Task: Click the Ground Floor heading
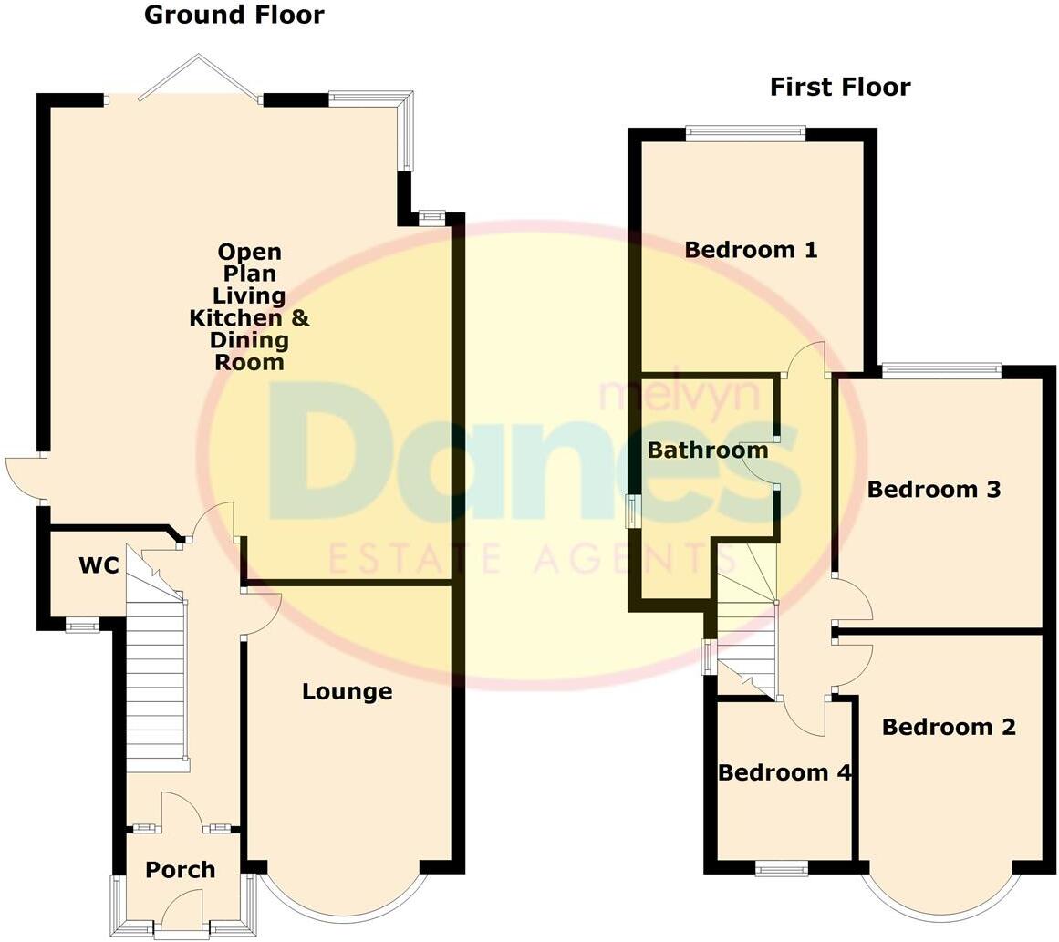coord(234,16)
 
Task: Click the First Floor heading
coord(839,88)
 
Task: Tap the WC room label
coord(99,566)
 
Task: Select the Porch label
coord(181,870)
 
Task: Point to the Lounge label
coord(347,692)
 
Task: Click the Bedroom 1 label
coord(751,250)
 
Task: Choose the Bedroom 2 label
coord(949,728)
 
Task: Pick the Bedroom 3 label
coord(933,490)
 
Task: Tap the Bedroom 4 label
coord(784,773)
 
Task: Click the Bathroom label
coord(707,450)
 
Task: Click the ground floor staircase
coord(157,675)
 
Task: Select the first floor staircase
coord(746,629)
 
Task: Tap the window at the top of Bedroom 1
coord(745,133)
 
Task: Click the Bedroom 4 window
coord(782,869)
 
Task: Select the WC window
coord(82,626)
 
